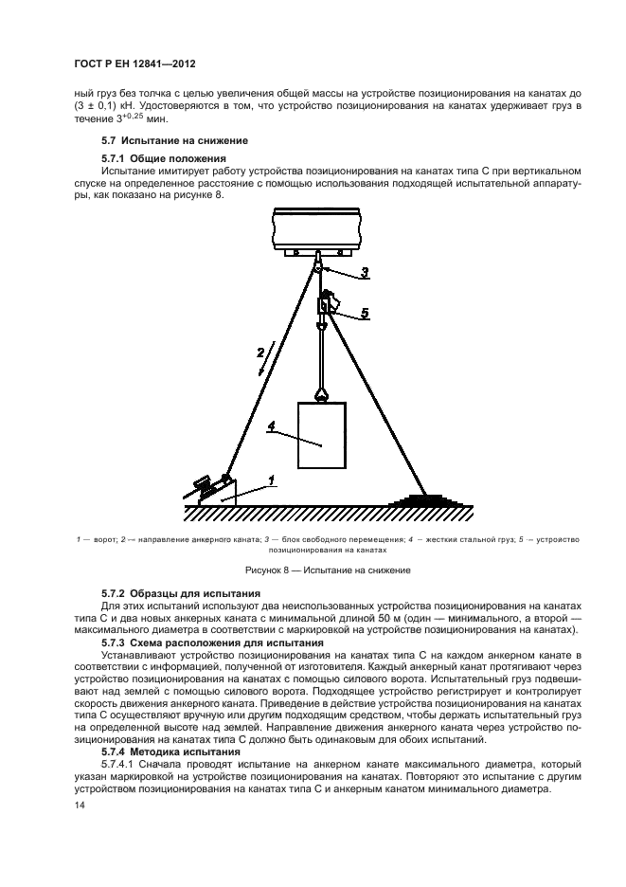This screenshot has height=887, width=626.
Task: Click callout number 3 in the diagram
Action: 365,272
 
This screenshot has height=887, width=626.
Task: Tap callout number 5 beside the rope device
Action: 365,312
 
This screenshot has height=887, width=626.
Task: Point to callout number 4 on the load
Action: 271,426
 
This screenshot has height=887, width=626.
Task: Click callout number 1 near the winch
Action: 272,480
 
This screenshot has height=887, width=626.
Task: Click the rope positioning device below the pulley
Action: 323,305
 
